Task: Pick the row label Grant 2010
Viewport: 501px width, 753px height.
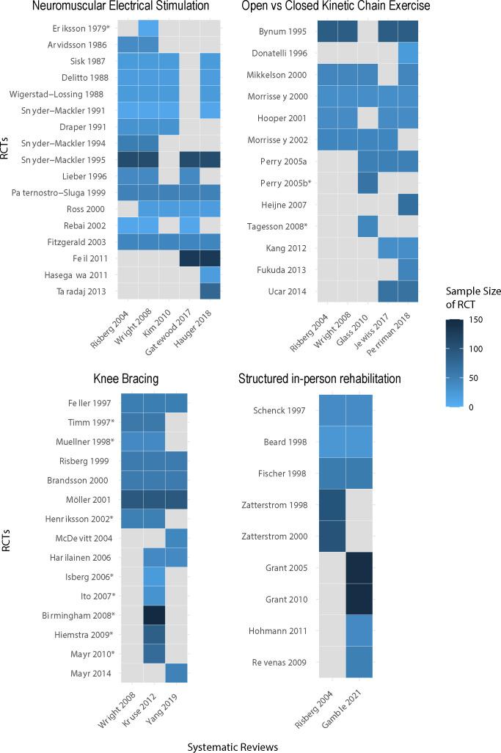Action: point(286,599)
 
